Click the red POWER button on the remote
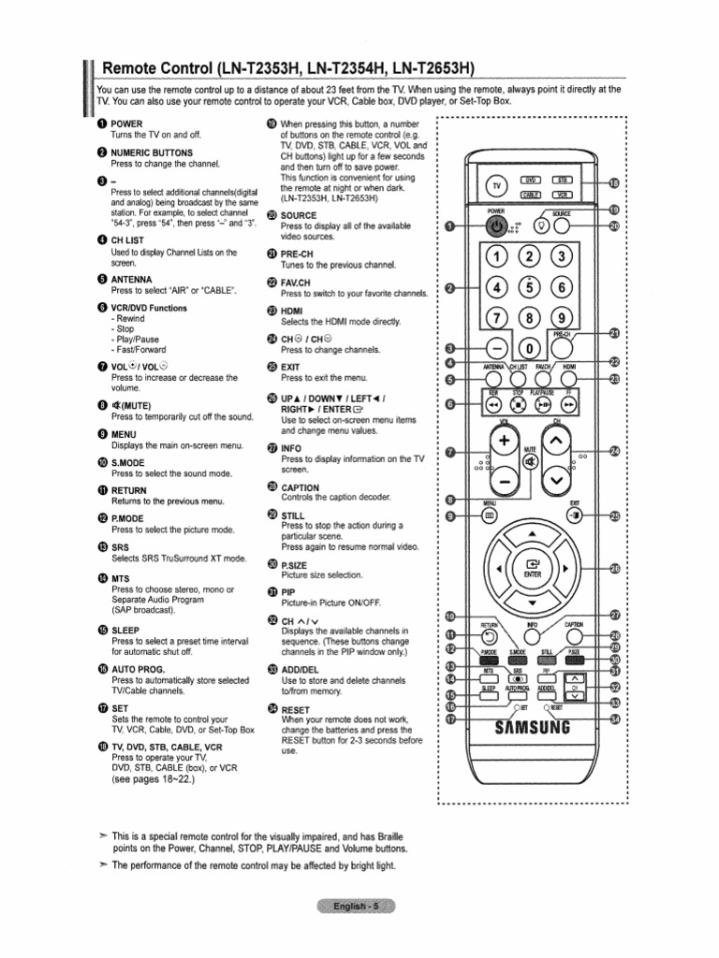coord(497,226)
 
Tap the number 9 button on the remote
coord(563,318)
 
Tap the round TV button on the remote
coord(497,187)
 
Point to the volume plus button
coord(506,440)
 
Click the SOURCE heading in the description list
coord(299,215)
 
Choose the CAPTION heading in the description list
coord(300,487)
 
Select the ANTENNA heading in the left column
coord(132,278)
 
